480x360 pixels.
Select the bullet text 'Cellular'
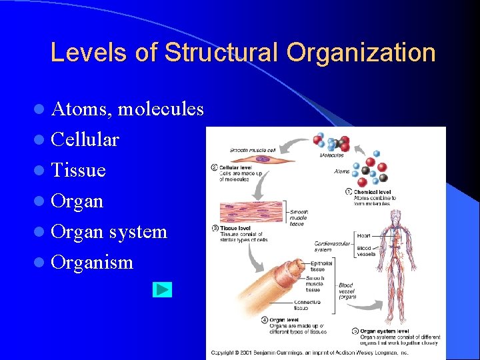tap(85, 139)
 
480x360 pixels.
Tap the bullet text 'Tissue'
tap(78, 170)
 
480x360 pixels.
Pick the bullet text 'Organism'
tap(92, 262)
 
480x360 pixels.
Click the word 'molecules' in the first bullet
tap(161, 109)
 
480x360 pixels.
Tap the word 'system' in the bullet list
tap(138, 231)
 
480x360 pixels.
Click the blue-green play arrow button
tap(162, 289)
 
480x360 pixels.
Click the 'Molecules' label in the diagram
tap(331, 155)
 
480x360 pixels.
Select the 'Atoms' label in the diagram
tap(341, 171)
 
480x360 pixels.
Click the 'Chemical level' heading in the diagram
tap(372, 192)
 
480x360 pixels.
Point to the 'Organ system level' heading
tap(385, 331)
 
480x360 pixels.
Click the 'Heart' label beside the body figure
tap(363, 235)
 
